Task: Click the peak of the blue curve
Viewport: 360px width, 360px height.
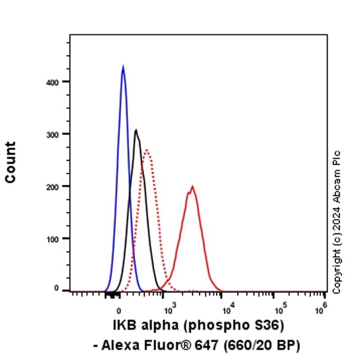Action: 123,67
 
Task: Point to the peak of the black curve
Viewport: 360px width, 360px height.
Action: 136,130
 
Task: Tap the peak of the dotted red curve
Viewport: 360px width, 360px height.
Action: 146,150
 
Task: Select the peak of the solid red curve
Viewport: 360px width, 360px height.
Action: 193,186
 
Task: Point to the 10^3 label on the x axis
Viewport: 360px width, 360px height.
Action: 169,308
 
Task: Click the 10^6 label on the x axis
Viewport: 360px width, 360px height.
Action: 322,307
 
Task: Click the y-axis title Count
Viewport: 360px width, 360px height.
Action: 11,162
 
